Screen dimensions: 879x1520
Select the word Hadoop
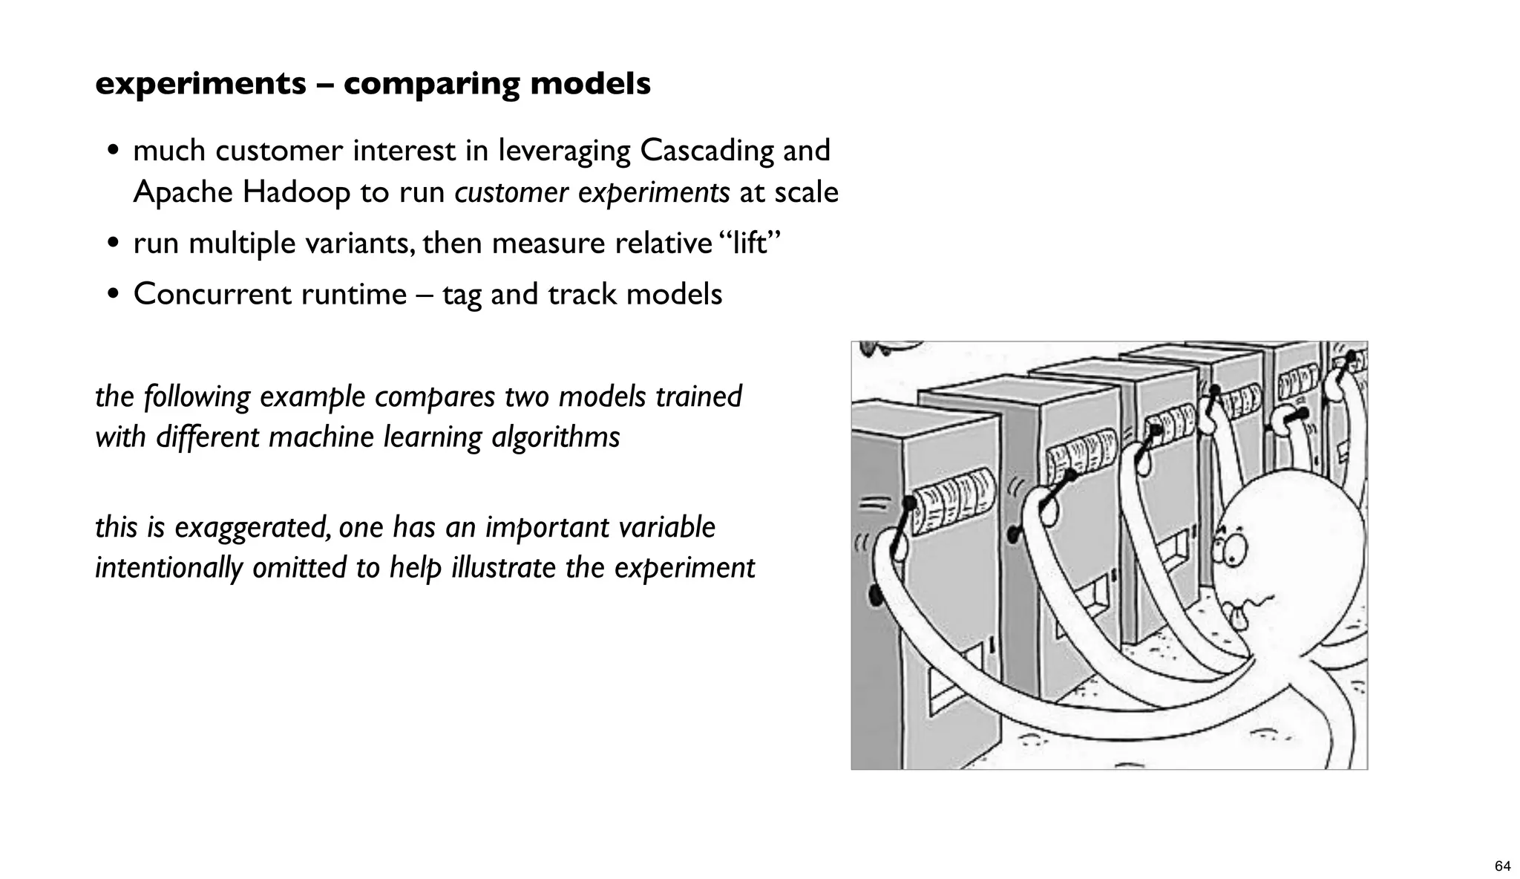[296, 192]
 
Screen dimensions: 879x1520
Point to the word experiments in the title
[200, 84]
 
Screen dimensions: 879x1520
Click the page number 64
[1502, 866]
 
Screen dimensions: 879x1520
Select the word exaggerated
[252, 528]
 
